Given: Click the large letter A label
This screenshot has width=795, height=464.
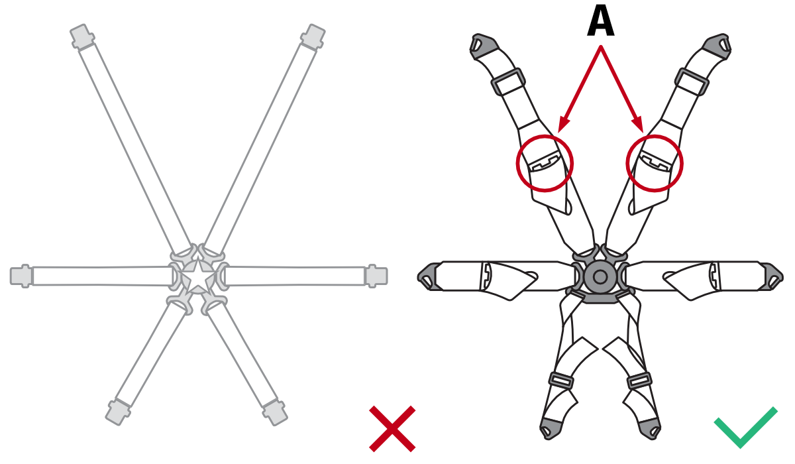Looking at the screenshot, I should coord(600,23).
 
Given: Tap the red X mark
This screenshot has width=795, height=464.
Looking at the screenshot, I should coord(392,428).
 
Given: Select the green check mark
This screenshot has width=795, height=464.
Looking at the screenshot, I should coord(745,428).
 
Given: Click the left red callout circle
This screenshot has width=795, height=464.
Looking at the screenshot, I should coord(545,162).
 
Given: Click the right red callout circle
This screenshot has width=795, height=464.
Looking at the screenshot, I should coord(655,163).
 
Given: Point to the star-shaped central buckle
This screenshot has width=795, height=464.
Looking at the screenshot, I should coord(198,276).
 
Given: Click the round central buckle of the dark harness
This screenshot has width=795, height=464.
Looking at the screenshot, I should coord(600,276).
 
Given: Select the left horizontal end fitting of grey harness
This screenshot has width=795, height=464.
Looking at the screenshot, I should coord(21,276).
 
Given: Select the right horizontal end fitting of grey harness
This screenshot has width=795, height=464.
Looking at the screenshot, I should coord(376,276).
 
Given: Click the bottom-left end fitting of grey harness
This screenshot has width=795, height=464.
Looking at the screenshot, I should coord(117,412).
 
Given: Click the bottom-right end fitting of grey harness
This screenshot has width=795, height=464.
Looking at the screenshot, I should coord(275,412).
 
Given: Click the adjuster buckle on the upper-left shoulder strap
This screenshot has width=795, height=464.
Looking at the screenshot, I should coord(508,82).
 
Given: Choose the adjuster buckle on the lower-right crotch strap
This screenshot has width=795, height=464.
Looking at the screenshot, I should coord(639,381).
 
